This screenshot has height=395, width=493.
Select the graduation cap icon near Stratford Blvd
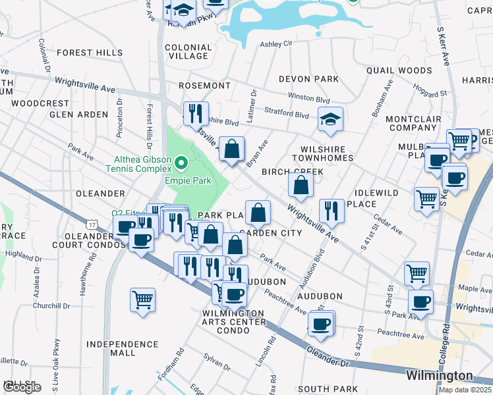tap(330, 119)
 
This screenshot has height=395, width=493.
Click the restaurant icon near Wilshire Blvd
tap(196, 114)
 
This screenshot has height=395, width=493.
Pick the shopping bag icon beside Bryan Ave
tap(232, 149)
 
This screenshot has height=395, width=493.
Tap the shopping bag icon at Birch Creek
tap(301, 186)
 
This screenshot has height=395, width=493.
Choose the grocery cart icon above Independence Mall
tap(142, 300)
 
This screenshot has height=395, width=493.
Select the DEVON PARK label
tap(308, 79)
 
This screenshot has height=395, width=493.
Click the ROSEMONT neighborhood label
tap(206, 86)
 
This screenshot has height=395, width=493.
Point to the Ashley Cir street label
tap(275, 44)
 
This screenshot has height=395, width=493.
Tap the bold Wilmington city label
tap(439, 375)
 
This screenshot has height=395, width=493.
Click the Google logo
tap(22, 387)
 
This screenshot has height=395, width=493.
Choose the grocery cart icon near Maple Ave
tap(417, 273)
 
